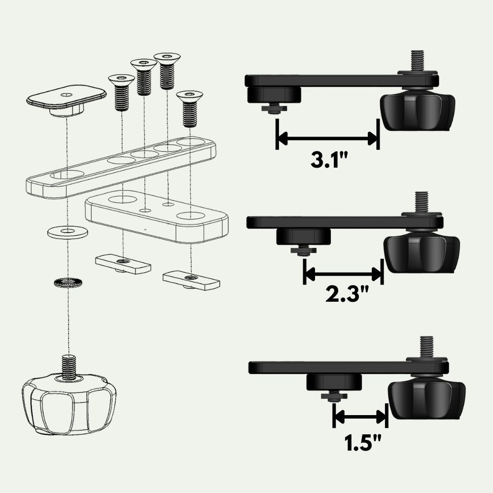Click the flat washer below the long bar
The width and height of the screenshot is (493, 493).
(68, 232)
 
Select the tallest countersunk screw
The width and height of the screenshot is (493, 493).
(167, 71)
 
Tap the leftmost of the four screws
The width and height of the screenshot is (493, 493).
(121, 93)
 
